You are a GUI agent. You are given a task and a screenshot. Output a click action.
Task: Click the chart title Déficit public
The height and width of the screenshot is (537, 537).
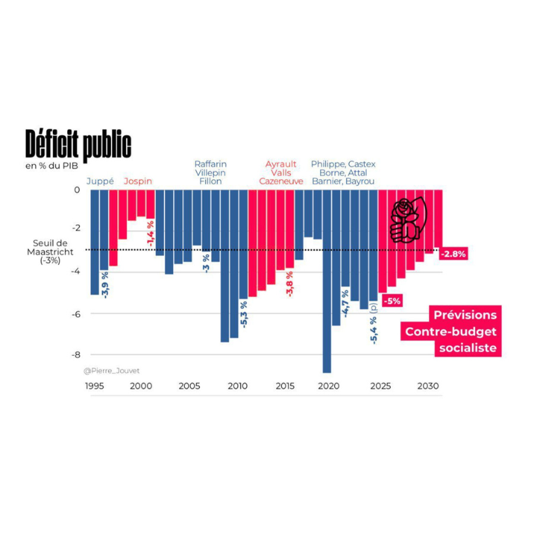tap(78, 143)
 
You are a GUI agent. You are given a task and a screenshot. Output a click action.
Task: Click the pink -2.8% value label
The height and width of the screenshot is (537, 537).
tap(453, 254)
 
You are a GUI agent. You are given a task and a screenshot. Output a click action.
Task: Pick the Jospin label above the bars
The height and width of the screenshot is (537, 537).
tap(138, 181)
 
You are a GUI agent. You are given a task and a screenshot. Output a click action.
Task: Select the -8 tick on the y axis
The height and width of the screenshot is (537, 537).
tap(75, 355)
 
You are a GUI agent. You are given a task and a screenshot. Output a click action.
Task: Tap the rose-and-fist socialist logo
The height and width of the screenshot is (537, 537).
tap(406, 220)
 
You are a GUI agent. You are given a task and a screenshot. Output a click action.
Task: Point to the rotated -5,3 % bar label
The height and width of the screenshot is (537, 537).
tap(244, 313)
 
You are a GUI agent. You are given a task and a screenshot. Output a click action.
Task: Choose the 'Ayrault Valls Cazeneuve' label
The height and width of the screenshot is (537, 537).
tap(281, 172)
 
